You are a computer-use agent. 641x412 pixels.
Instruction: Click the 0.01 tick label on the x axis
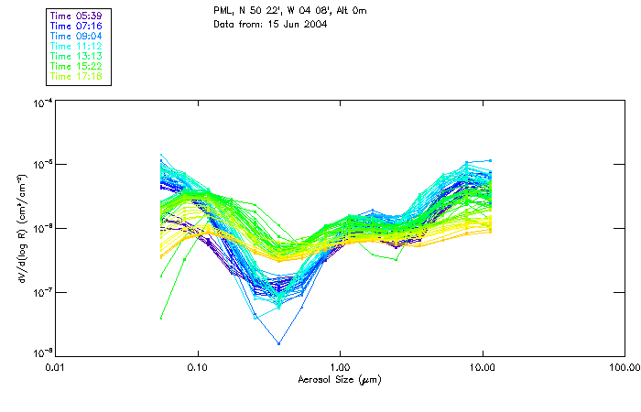click(55, 367)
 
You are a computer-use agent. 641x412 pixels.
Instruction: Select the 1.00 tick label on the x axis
click(340, 367)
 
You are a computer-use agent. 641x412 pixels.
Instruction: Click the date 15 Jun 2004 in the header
click(288, 25)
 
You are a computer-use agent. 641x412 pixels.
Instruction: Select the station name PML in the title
click(223, 11)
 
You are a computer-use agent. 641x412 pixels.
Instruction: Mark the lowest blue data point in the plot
click(279, 343)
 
